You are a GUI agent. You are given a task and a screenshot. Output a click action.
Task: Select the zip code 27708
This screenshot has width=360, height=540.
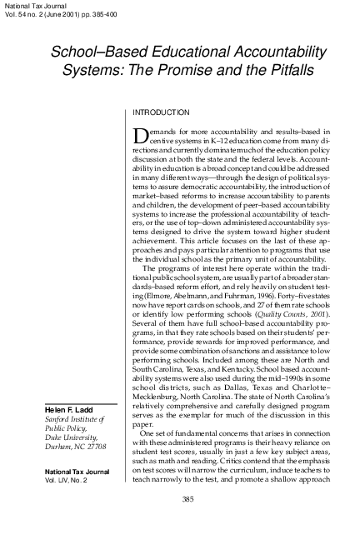pyautogui.click(x=99, y=447)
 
